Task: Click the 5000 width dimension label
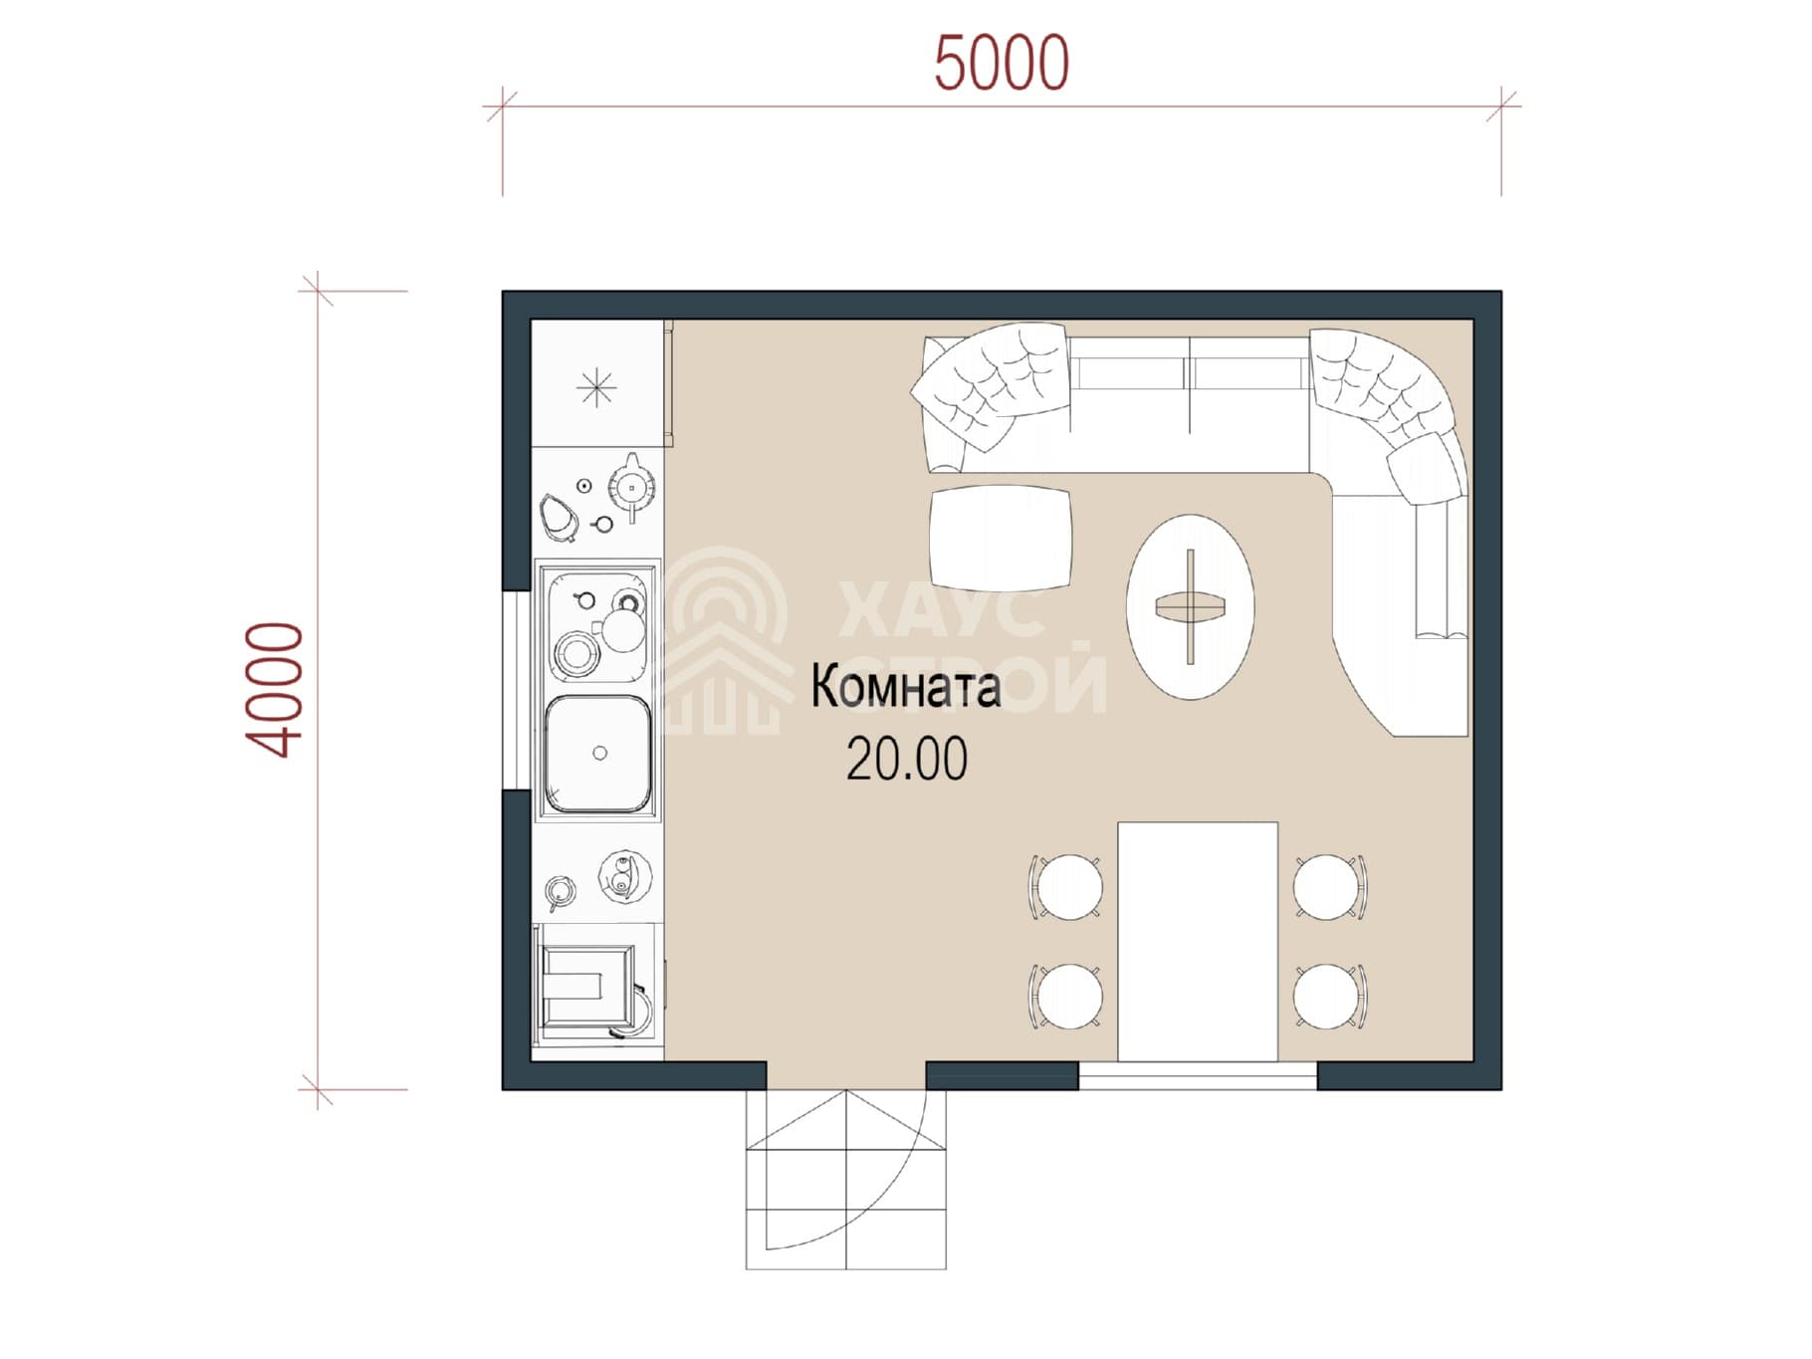[1002, 63]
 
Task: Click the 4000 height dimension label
[273, 690]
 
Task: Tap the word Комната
[906, 688]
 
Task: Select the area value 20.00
[906, 760]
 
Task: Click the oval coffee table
[1190, 606]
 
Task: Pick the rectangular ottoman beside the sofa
[1002, 538]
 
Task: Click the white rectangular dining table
[1198, 941]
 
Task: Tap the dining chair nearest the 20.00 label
[1065, 885]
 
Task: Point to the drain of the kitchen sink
[599, 754]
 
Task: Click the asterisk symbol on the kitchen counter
[596, 387]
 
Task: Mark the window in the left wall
[517, 691]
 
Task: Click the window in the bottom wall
[1198, 1075]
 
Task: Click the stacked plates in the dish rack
[574, 654]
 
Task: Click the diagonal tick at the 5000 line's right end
[1501, 106]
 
